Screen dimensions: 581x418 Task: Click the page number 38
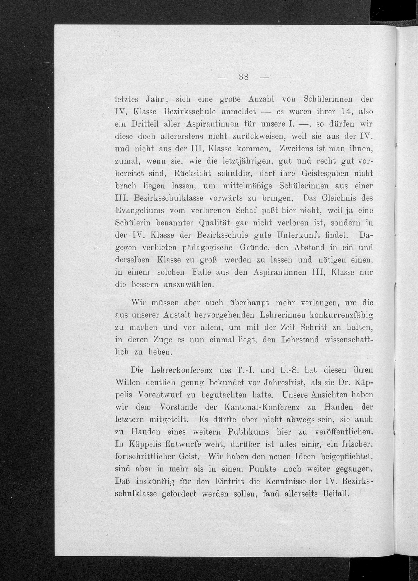(x=243, y=77)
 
